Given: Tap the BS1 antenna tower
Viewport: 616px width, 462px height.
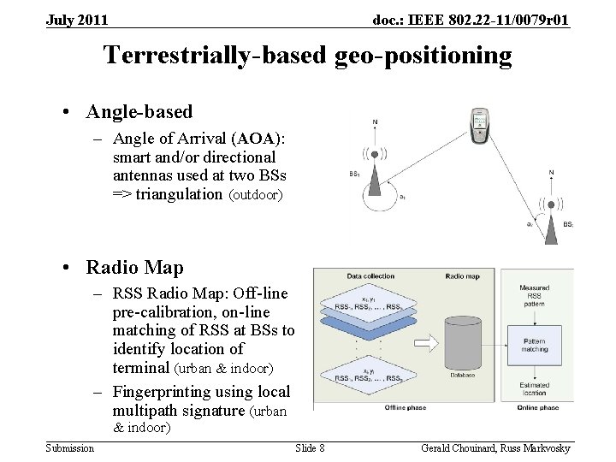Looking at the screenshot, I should (x=374, y=160).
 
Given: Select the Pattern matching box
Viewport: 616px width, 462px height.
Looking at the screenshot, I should (x=535, y=344).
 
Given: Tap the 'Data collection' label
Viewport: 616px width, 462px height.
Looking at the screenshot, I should (x=371, y=276).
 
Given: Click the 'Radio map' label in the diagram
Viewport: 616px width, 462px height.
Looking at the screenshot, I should (x=463, y=276).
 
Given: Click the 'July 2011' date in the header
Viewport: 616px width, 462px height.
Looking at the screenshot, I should (x=77, y=20).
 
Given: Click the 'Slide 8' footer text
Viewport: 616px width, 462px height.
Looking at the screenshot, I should (x=310, y=448).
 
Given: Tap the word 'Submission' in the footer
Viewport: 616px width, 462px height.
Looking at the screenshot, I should (x=69, y=448).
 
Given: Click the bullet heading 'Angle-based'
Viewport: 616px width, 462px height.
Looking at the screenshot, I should (x=139, y=111).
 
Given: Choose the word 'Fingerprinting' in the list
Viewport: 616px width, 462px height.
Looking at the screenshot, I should (x=164, y=392).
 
